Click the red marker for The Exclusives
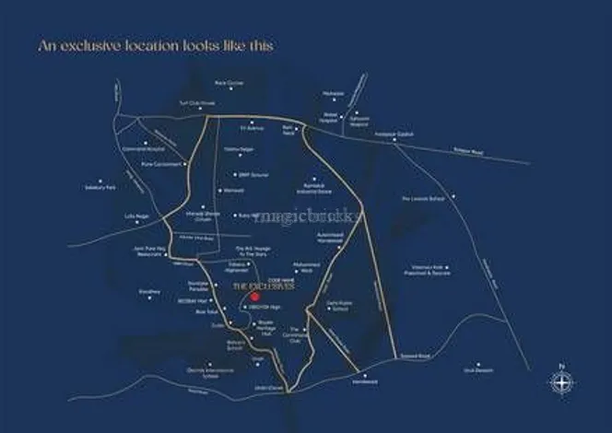(241, 296)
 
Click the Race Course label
(228, 83)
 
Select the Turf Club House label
(183, 103)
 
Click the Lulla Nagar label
(135, 216)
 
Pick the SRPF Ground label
(251, 173)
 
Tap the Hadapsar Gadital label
(401, 135)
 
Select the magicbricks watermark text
(296, 218)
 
